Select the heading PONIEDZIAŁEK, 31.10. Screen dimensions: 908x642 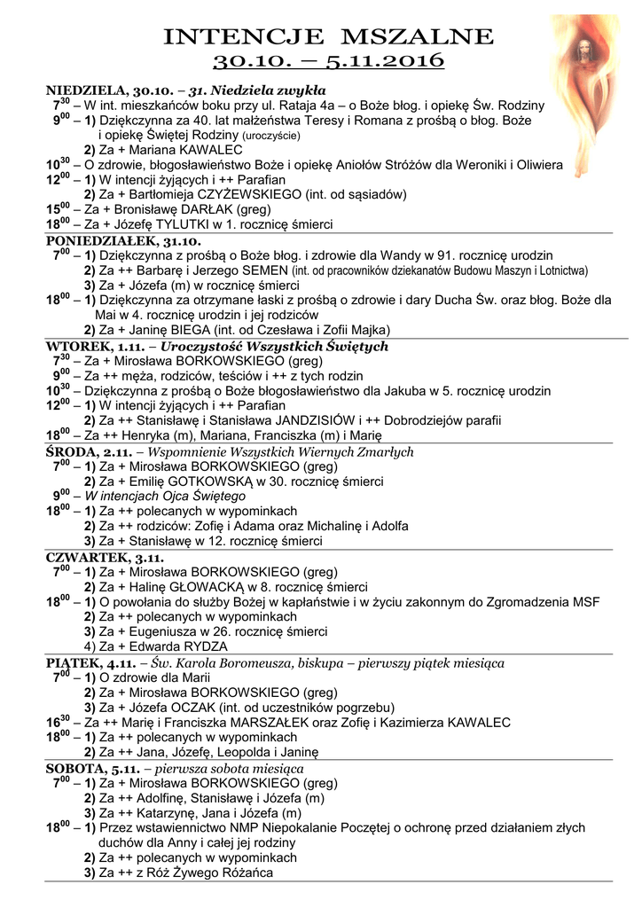tap(123, 240)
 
